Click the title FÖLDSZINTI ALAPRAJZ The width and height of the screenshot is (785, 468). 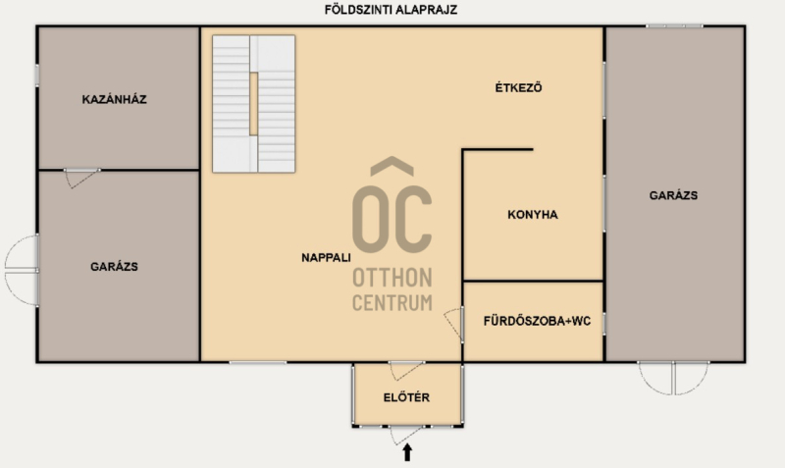[x=391, y=10]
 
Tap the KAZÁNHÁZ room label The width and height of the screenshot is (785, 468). [x=114, y=99]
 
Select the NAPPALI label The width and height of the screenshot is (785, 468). [x=326, y=258]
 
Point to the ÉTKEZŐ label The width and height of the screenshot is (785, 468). [x=518, y=87]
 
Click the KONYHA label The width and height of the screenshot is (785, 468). [x=533, y=215]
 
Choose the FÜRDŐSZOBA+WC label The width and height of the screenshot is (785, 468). [x=537, y=321]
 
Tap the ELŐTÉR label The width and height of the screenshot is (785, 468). [x=406, y=397]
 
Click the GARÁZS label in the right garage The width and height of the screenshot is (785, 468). [x=673, y=195]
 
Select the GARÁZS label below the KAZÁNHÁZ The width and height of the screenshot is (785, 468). [x=114, y=267]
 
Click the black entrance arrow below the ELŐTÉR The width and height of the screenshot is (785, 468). [x=407, y=452]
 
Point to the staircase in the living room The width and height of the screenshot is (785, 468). [x=254, y=104]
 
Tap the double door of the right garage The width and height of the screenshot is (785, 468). [x=673, y=378]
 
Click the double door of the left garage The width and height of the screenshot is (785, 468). [x=22, y=270]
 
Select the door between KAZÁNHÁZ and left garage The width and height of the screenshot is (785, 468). [x=81, y=179]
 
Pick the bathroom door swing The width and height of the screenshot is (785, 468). [x=454, y=325]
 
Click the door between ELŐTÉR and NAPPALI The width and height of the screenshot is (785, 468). [x=406, y=371]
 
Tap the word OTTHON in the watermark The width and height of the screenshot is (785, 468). [x=392, y=278]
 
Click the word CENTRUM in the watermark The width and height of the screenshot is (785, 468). [x=392, y=303]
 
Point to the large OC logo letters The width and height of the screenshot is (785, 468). [x=392, y=219]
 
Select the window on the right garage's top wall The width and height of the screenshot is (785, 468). [x=674, y=26]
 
